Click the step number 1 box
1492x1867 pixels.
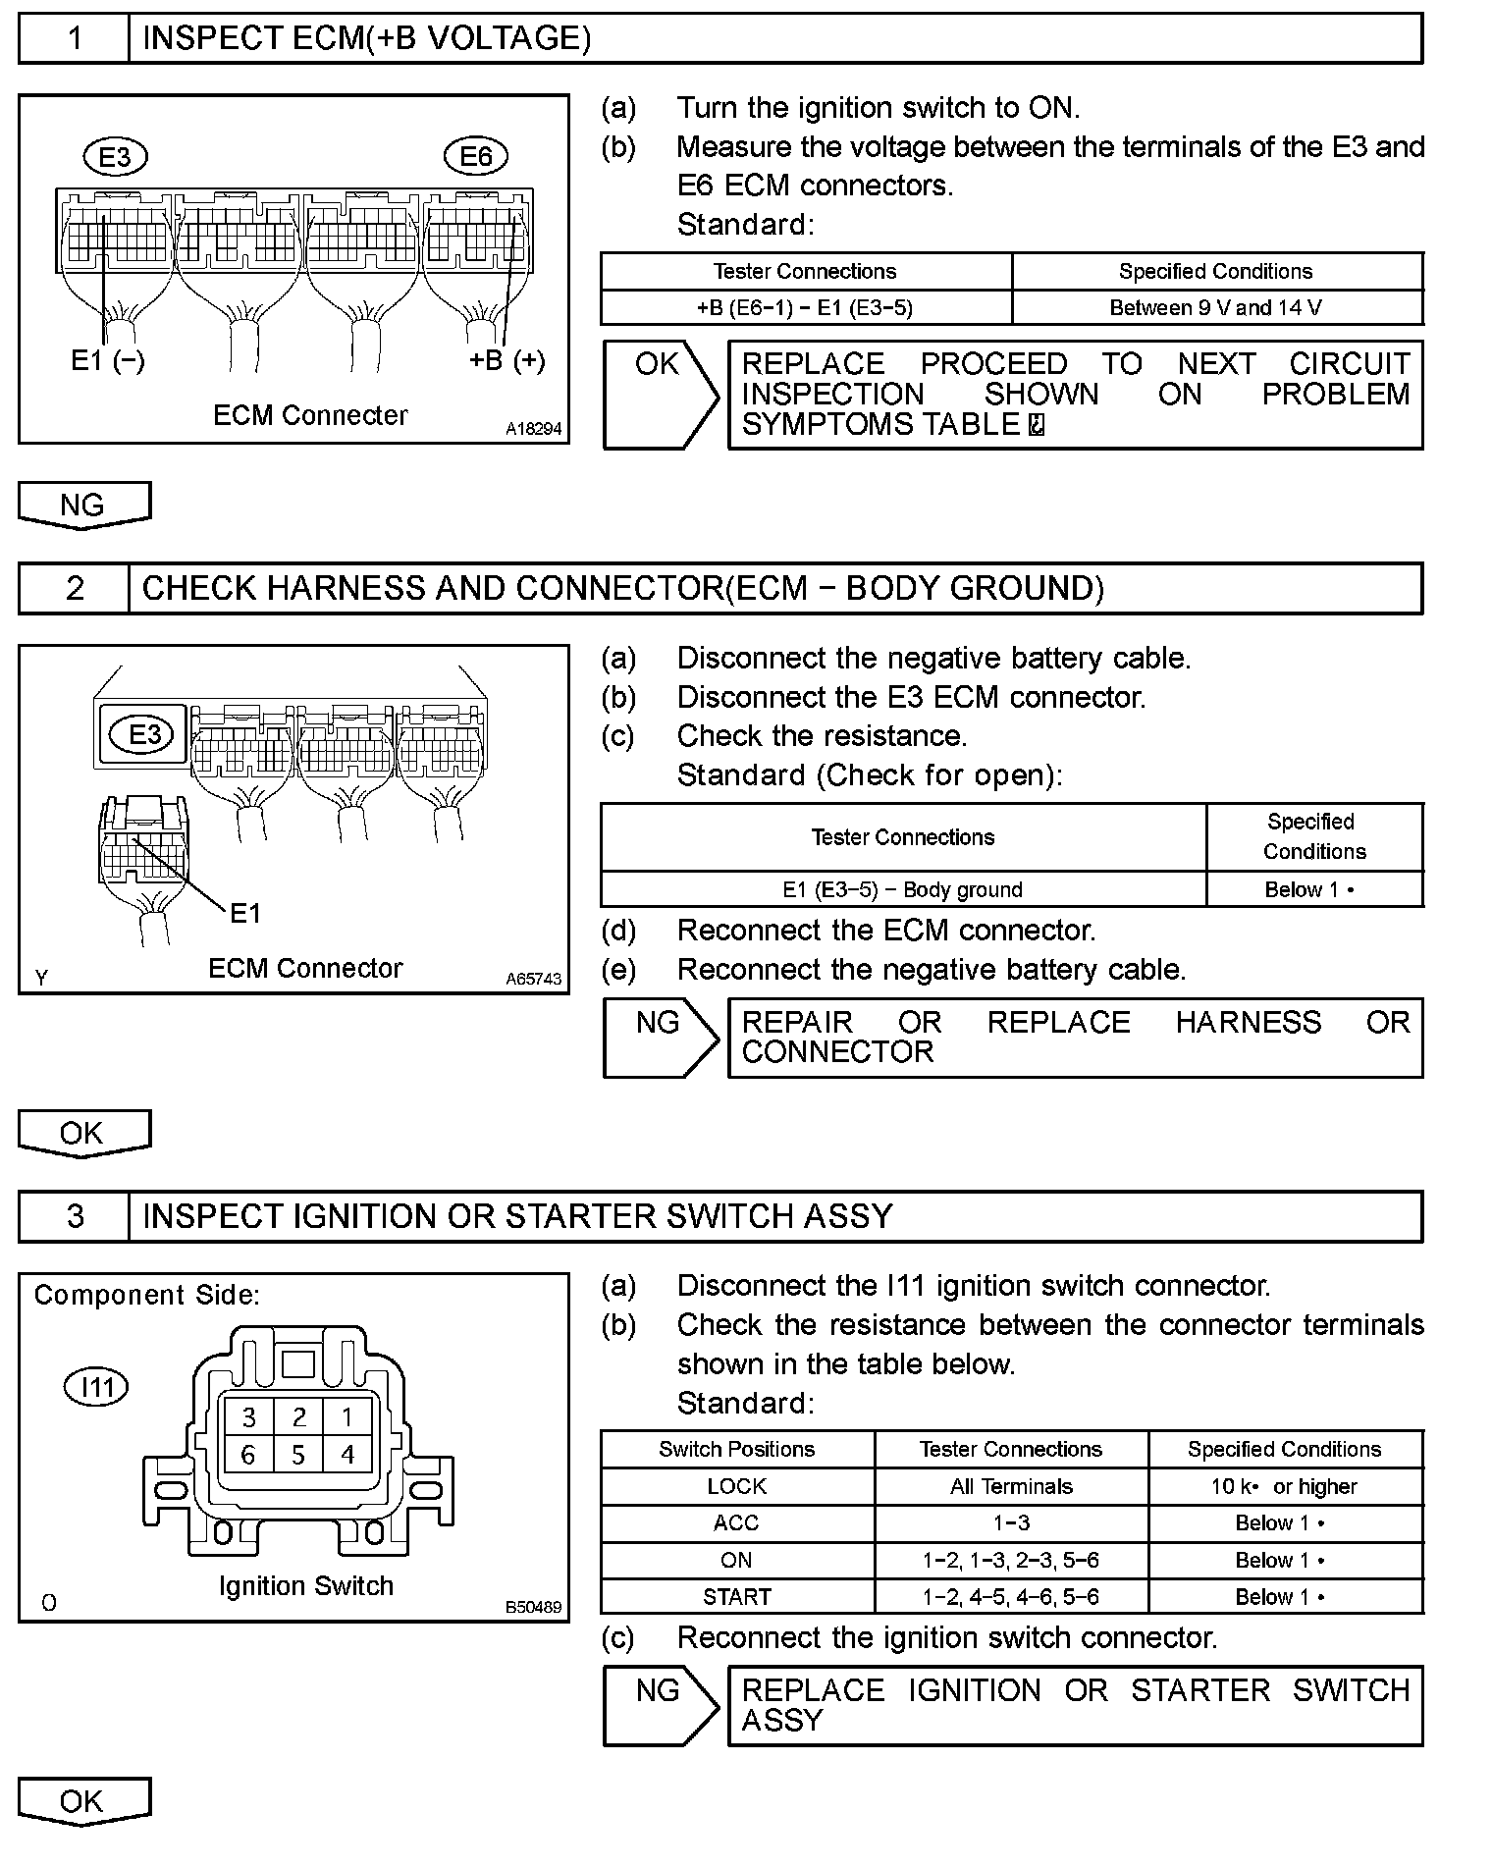coord(75,39)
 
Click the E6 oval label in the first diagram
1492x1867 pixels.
coord(476,156)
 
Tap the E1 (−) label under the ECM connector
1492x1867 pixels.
coord(108,361)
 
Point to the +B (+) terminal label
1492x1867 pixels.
coord(506,360)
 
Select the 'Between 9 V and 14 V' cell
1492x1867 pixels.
coord(1216,307)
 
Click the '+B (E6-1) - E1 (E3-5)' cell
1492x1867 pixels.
coord(805,307)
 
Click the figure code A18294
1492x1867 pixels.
coord(534,429)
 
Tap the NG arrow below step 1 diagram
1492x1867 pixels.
coord(83,505)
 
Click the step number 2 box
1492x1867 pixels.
coord(75,589)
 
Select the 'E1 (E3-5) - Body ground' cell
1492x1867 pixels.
coord(902,889)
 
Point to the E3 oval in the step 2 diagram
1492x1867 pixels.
coord(144,734)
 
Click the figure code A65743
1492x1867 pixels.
coord(534,979)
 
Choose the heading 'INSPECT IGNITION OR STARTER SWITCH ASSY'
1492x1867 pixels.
coord(517,1217)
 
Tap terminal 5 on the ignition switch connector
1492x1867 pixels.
coord(298,1455)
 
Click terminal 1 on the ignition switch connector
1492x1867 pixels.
coord(346,1416)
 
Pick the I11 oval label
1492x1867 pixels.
coord(96,1387)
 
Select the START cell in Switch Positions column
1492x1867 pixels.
coord(737,1597)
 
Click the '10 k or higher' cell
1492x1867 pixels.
coord(1284,1486)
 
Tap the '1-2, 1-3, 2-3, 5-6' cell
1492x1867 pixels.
coord(1011,1560)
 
